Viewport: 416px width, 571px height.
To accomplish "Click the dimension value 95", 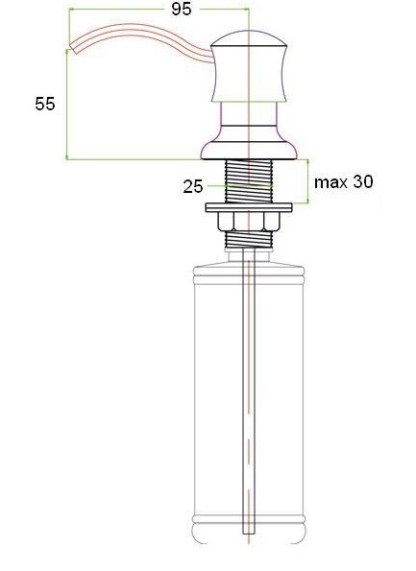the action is click(182, 9).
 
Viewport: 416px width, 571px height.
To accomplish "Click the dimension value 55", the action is click(45, 104).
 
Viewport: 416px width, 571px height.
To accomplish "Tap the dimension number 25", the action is click(193, 187).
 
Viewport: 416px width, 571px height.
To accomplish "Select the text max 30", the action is click(343, 181).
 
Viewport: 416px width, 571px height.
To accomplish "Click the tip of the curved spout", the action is click(73, 47).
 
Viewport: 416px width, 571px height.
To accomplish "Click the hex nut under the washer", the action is click(249, 221).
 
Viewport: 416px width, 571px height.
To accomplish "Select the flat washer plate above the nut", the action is click(249, 207).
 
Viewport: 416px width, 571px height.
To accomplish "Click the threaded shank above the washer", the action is click(249, 181).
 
